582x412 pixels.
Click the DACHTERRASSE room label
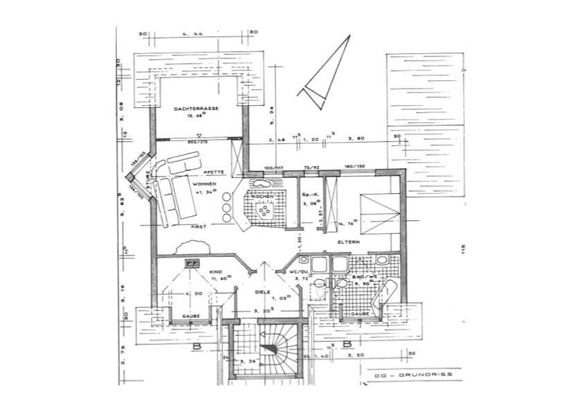[198, 109]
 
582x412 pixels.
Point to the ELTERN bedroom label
[347, 243]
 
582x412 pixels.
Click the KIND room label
[215, 273]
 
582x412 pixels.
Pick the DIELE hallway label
[261, 292]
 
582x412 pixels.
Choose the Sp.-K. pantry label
[309, 196]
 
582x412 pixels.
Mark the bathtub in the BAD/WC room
[383, 295]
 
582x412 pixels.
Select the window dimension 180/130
[354, 166]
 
